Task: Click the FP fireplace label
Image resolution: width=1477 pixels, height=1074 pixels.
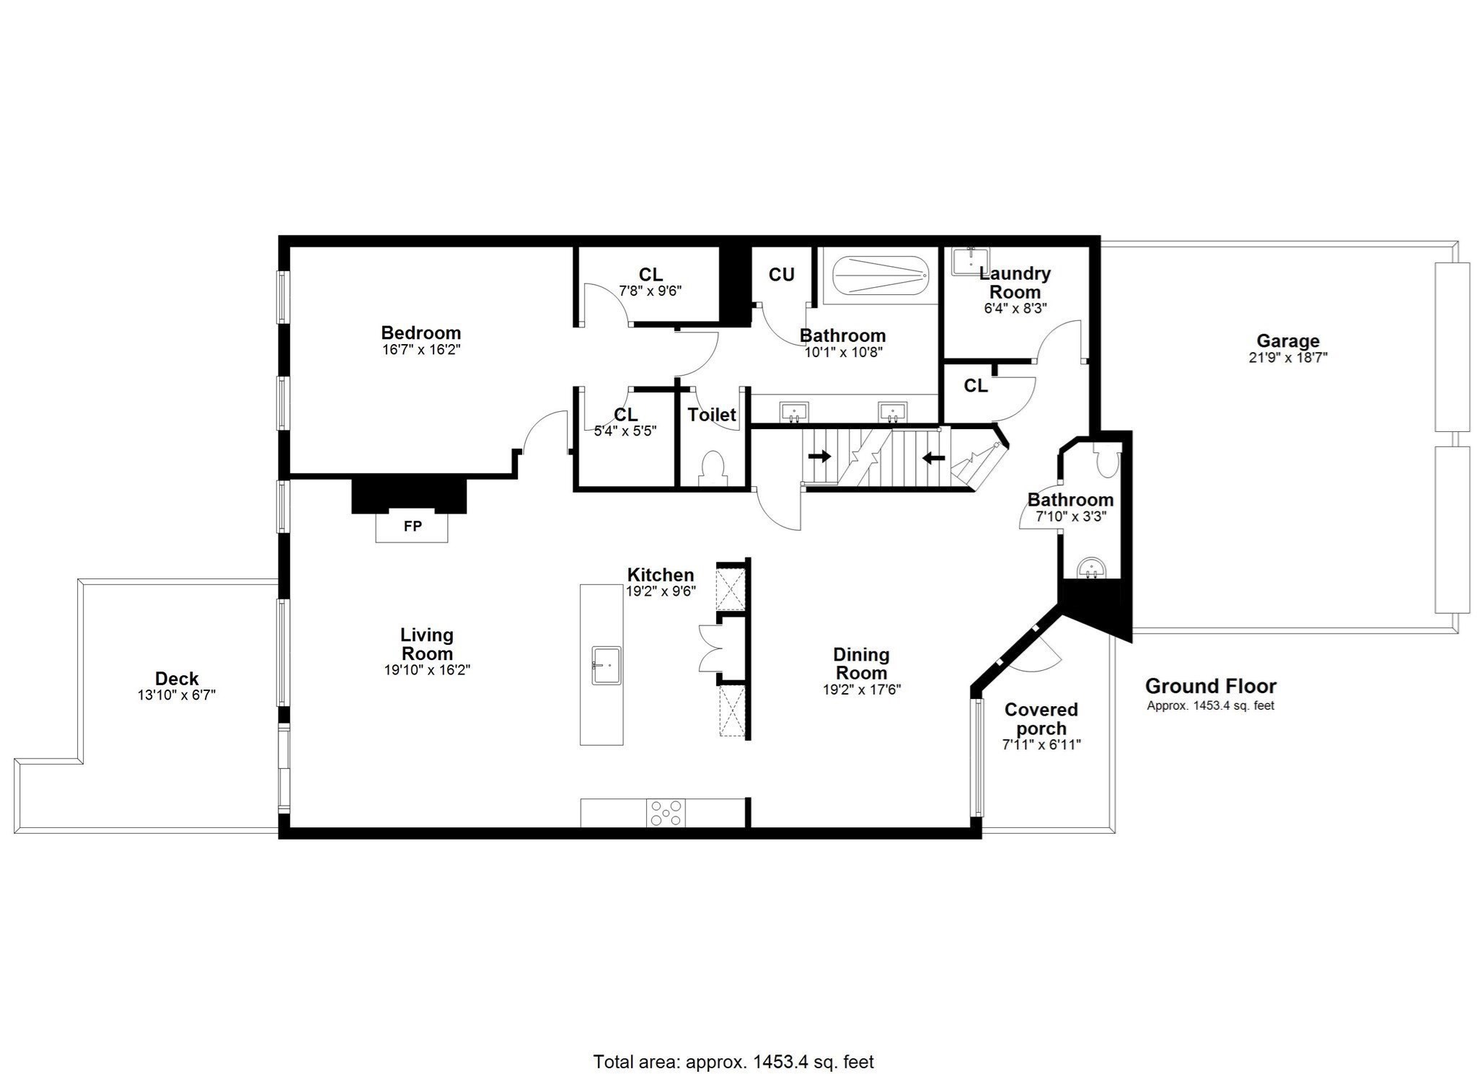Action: coord(412,527)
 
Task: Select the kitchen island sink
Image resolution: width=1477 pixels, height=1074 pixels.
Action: coord(606,665)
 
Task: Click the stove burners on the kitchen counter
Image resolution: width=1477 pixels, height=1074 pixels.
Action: coord(666,812)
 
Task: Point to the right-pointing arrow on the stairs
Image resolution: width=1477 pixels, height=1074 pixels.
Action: coord(819,457)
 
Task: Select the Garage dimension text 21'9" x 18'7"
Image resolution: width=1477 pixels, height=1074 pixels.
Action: coord(1287,357)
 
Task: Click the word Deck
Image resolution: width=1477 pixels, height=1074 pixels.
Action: coord(177,679)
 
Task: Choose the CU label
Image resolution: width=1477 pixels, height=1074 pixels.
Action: coord(781,275)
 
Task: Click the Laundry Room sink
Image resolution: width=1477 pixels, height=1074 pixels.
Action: coord(970,261)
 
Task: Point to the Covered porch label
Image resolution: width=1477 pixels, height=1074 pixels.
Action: coord(1041,719)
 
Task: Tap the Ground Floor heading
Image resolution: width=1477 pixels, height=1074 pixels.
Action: coord(1210,686)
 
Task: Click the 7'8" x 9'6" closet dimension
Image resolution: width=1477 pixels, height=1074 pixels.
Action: coord(650,291)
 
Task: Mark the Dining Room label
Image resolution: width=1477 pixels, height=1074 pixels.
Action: coord(861,664)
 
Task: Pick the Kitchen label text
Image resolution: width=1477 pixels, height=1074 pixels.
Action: coord(660,575)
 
